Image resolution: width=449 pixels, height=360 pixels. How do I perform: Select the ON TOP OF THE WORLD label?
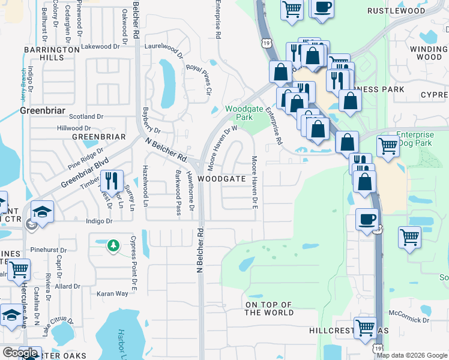pyautogui.click(x=270, y=309)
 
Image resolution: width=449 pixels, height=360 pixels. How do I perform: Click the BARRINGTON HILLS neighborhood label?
pyautogui.click(x=52, y=53)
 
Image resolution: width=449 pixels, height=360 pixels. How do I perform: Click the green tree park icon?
pyautogui.click(x=113, y=245)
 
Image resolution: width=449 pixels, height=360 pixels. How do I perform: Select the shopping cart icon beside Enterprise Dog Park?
pyautogui.click(x=388, y=145)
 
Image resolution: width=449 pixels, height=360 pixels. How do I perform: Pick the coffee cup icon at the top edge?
pyautogui.click(x=322, y=7)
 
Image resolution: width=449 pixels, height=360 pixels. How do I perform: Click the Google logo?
pyautogui.click(x=20, y=353)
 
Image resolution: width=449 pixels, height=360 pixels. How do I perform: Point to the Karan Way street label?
pyautogui.click(x=113, y=294)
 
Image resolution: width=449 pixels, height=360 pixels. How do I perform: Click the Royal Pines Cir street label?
pyautogui.click(x=200, y=79)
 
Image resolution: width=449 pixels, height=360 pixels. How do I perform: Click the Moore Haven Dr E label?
pyautogui.click(x=255, y=182)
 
